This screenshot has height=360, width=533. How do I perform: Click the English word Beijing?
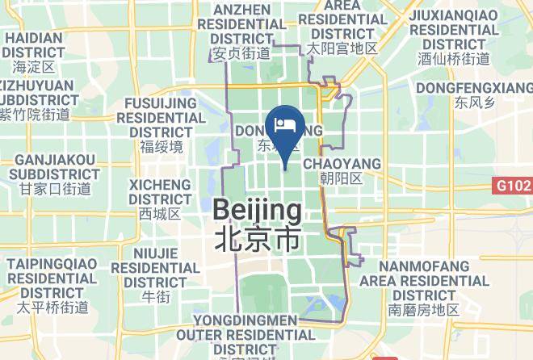pos(258,211)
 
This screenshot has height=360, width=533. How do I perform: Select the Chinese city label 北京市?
pos(258,238)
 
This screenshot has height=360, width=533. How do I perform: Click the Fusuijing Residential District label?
pos(162,117)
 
